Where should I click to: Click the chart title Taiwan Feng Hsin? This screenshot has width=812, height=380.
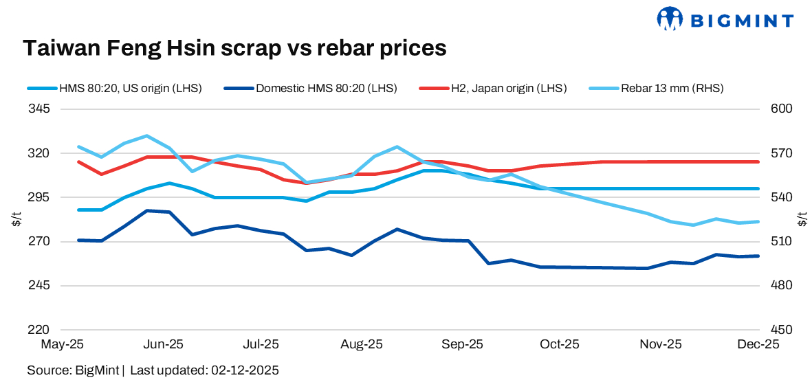point(234,48)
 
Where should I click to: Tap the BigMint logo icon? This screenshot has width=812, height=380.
point(670,19)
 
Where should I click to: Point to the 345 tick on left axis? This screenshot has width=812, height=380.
point(39,109)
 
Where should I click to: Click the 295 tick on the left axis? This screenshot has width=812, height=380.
point(39,197)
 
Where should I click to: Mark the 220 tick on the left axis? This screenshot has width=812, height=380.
point(39,330)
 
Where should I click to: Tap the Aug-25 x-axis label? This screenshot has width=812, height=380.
point(362,344)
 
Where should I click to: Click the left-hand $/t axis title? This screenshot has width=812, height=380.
point(17,219)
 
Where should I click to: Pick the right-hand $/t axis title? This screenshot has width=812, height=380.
point(802,219)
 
